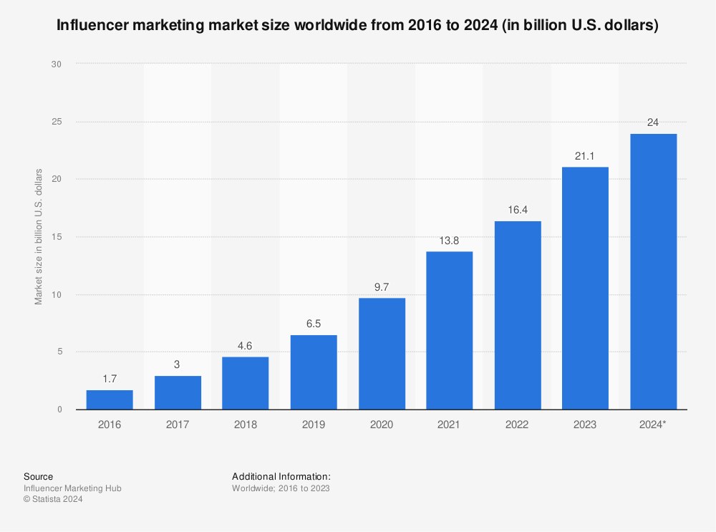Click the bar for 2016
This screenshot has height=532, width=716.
(x=110, y=400)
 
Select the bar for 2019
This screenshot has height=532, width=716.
(x=313, y=372)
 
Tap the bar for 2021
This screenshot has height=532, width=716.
(x=449, y=330)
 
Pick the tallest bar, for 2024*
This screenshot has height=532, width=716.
(x=653, y=271)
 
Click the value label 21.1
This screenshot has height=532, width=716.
(x=585, y=155)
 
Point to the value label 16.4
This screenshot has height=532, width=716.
(x=517, y=209)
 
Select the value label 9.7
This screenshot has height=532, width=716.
(x=381, y=286)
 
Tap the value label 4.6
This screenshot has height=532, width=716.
(x=245, y=345)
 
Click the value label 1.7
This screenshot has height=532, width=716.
(x=110, y=379)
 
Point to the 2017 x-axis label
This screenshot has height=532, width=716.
(x=178, y=425)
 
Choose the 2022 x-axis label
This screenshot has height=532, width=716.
(x=517, y=425)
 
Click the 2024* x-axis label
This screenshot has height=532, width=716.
(x=653, y=425)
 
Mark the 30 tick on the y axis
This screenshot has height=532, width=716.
(x=57, y=64)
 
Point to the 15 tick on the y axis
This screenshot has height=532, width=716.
(x=57, y=237)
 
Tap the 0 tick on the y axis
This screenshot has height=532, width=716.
(x=59, y=410)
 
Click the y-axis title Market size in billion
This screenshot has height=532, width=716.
(x=39, y=237)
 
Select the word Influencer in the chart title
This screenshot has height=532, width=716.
(x=92, y=25)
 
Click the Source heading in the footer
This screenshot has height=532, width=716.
(x=38, y=476)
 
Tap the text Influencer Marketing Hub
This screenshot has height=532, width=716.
(x=72, y=488)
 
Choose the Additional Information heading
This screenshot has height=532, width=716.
(x=281, y=476)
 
